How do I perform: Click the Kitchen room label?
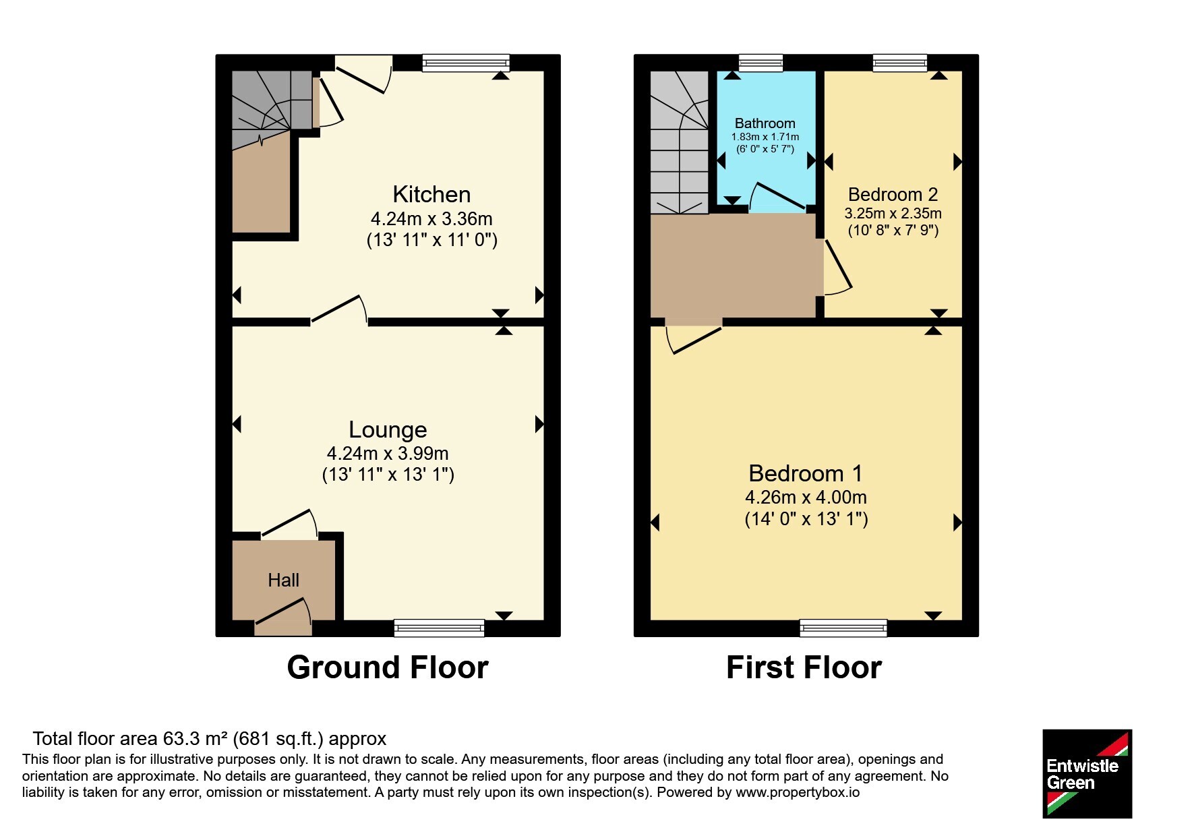pyautogui.click(x=431, y=194)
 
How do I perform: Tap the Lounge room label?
pyautogui.click(x=388, y=429)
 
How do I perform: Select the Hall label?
pyautogui.click(x=283, y=580)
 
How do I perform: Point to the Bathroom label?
pyautogui.click(x=765, y=123)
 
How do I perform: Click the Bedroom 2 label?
pyautogui.click(x=893, y=194)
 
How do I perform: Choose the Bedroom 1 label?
pyautogui.click(x=806, y=473)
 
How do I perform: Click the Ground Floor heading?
pyautogui.click(x=388, y=667)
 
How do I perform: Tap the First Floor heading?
pyautogui.click(x=804, y=667)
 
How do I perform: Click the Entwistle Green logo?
pyautogui.click(x=1087, y=774)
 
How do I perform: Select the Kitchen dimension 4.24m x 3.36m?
pyautogui.click(x=431, y=218)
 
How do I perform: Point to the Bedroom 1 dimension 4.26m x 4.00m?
pyautogui.click(x=806, y=498)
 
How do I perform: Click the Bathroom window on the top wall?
pyautogui.click(x=760, y=63)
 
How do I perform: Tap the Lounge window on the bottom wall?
pyautogui.click(x=439, y=628)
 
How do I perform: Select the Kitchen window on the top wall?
pyautogui.click(x=466, y=63)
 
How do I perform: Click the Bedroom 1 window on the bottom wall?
pyautogui.click(x=843, y=628)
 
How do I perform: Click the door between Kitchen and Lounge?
pyautogui.click(x=339, y=310)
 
